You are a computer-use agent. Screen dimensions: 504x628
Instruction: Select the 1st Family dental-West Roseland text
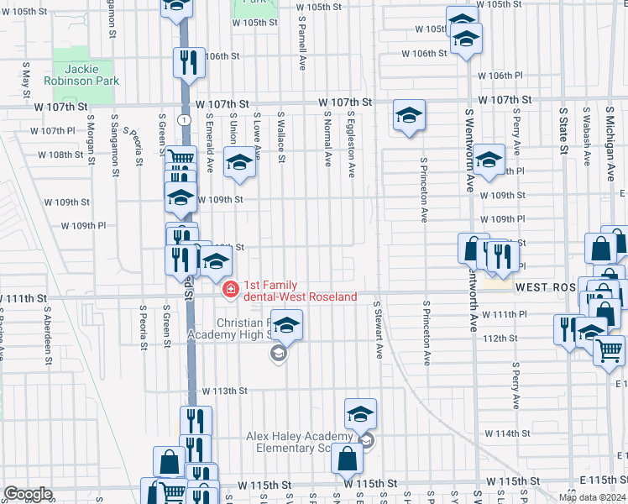[300, 291]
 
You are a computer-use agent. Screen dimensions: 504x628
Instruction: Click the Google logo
[28, 494]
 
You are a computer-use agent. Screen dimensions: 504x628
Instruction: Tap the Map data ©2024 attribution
[592, 497]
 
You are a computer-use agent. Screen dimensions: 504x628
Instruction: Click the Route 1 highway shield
[182, 120]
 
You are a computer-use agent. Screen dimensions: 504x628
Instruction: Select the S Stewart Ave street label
[377, 331]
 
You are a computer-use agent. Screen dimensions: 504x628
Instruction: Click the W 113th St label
[225, 391]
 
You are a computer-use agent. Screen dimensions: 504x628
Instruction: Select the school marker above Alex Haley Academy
[360, 413]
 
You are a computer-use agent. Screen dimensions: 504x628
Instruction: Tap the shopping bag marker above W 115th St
[347, 459]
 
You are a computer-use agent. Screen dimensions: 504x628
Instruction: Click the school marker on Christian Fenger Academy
[286, 324]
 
